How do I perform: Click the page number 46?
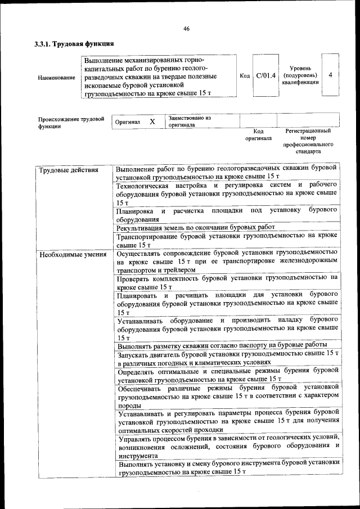click(x=186, y=29)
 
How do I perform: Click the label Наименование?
click(x=57, y=77)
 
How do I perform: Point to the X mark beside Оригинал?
click(x=152, y=121)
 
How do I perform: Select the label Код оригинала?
click(x=258, y=134)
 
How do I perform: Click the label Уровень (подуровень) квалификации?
click(x=300, y=75)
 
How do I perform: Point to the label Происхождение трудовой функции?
click(x=71, y=123)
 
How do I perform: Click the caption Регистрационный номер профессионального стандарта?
click(x=307, y=141)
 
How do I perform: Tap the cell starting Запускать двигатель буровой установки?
click(x=227, y=358)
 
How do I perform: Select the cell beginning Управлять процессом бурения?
click(x=227, y=447)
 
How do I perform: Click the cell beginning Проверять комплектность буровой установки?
click(x=227, y=282)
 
